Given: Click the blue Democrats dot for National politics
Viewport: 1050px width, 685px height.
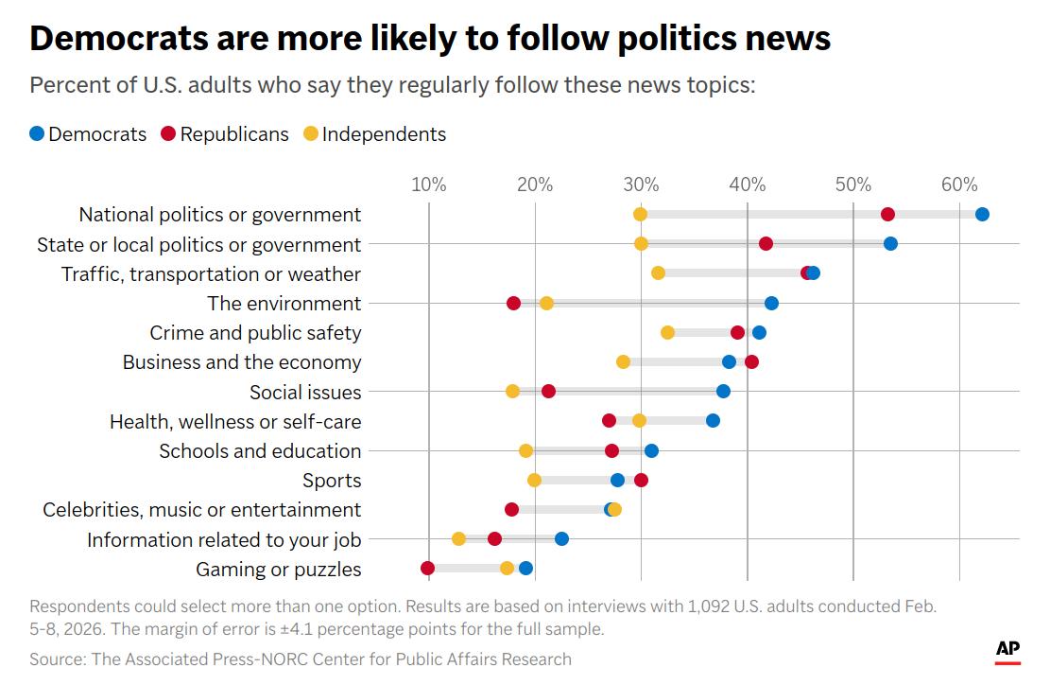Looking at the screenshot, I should click(982, 214).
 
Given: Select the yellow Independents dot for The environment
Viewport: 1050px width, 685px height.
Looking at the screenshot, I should click(546, 303).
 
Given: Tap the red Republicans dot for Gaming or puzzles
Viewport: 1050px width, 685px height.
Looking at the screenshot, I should click(427, 568).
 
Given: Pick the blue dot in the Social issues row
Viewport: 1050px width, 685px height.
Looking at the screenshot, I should click(723, 391).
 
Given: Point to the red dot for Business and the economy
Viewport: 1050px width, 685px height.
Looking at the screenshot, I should click(751, 361).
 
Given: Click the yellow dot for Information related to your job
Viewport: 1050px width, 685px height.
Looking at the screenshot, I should click(458, 538).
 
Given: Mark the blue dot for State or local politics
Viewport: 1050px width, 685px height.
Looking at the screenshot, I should click(890, 243).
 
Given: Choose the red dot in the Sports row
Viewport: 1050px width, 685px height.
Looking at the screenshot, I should click(641, 480).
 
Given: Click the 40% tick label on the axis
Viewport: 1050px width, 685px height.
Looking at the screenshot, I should click(747, 184).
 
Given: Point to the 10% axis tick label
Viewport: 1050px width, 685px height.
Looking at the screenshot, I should click(428, 184).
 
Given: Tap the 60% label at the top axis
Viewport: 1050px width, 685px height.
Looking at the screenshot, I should click(958, 184).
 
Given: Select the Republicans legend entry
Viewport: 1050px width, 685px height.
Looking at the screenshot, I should click(225, 134).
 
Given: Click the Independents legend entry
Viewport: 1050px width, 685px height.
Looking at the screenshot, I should click(374, 134).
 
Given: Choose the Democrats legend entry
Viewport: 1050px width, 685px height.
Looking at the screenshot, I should click(88, 134).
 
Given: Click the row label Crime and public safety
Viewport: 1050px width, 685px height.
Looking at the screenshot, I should click(255, 333).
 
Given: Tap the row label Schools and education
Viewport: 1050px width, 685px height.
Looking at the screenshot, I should click(260, 450).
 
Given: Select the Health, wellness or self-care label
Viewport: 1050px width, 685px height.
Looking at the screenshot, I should click(235, 421).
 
